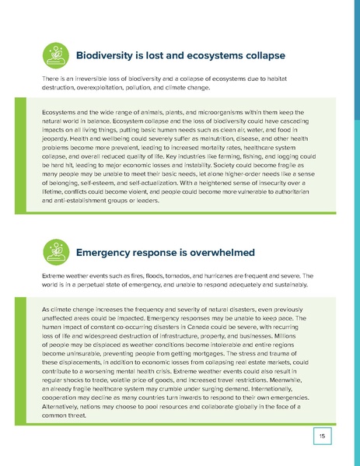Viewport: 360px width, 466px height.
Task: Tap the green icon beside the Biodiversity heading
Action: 54,55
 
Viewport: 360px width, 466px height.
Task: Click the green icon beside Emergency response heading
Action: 54,251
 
